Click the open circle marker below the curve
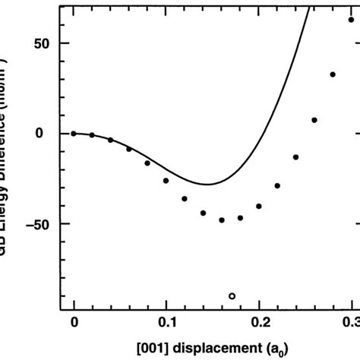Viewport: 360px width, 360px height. pos(232,295)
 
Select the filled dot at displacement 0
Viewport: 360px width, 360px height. pos(74,133)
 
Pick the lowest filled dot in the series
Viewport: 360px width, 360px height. pos(222,220)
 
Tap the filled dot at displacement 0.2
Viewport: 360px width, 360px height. pos(259,206)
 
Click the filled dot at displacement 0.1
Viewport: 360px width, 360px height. pos(166,181)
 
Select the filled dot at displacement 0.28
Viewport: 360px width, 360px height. pos(333,74)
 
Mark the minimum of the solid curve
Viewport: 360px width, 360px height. pos(206,184)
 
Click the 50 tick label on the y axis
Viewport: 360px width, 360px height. pos(41,43)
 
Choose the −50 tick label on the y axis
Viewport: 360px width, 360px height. pos(36,224)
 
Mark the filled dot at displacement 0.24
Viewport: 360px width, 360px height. pos(295,157)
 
